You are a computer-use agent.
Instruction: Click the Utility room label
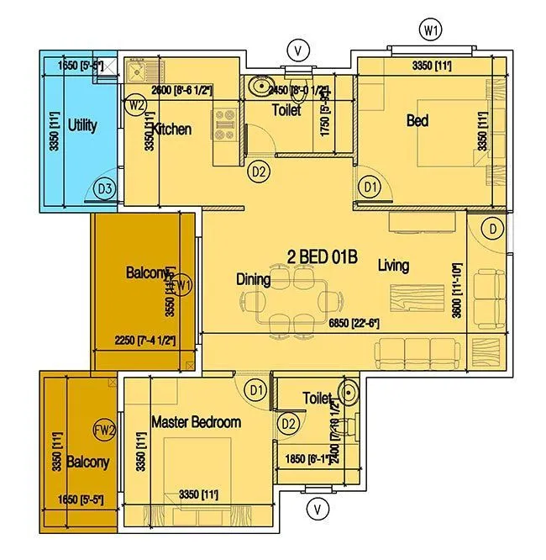coord(82,125)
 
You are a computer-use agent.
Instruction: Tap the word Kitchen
coord(172,129)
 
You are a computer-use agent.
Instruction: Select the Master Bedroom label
coord(196,422)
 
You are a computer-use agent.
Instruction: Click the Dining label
coord(253,279)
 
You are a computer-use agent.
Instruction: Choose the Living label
coord(393,266)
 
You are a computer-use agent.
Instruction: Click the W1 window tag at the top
coord(431,32)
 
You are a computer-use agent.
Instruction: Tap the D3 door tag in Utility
coord(104,189)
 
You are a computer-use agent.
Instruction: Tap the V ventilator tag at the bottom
coord(317,507)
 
